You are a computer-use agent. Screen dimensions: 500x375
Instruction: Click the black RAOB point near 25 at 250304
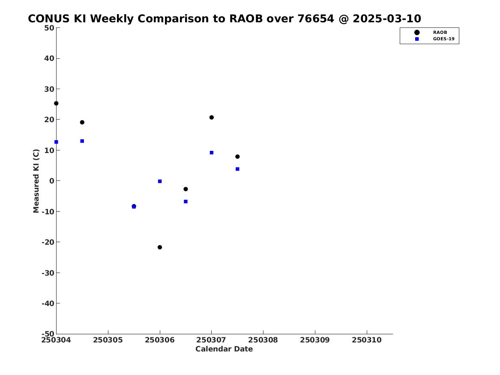tap(56, 103)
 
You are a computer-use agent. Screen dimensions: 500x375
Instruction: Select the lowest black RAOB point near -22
tap(160, 247)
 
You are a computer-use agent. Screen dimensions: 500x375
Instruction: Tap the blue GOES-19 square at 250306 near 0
tap(160, 181)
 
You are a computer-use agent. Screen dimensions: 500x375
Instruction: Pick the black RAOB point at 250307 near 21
tap(211, 117)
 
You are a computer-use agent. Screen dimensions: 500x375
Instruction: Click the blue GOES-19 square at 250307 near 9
tap(211, 153)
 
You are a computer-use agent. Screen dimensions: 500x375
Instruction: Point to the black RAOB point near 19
tap(82, 122)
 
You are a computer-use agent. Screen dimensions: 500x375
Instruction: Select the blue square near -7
tap(186, 201)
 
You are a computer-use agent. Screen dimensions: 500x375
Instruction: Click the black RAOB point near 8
tap(237, 156)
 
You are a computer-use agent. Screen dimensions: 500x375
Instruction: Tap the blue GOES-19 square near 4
tap(237, 169)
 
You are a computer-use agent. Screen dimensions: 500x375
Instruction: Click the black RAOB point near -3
tap(186, 189)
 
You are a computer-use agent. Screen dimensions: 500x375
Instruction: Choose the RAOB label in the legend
tap(440, 32)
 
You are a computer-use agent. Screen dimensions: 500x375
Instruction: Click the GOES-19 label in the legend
tap(443, 39)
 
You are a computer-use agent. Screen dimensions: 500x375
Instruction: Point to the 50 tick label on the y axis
tap(49, 28)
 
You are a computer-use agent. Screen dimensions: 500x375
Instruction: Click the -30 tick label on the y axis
tap(48, 273)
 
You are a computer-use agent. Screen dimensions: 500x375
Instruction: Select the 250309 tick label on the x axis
tap(315, 340)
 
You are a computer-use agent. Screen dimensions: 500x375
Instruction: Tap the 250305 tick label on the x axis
tap(108, 340)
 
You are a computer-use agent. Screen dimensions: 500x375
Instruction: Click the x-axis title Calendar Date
tap(224, 349)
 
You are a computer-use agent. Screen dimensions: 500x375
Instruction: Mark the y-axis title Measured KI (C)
tap(36, 181)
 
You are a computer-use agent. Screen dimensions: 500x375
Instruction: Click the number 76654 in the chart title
tap(316, 18)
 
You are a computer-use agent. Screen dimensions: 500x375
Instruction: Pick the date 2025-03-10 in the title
tap(387, 18)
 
